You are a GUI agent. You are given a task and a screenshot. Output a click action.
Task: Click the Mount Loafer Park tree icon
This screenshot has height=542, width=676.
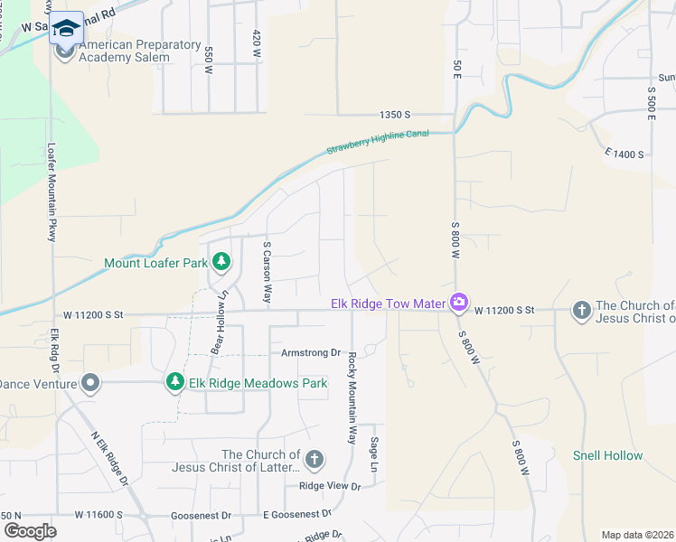click(x=221, y=263)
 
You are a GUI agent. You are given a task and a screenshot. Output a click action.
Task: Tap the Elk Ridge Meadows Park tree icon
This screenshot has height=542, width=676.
click(x=175, y=383)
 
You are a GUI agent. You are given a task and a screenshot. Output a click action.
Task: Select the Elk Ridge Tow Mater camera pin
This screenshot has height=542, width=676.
click(x=459, y=302)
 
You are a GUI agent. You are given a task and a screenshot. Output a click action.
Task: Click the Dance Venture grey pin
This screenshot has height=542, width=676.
click(x=89, y=383)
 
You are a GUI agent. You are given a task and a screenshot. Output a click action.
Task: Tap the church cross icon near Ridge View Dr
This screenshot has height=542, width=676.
click(x=314, y=461)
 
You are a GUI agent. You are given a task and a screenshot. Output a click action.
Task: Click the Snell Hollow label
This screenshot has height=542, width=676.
click(x=607, y=456)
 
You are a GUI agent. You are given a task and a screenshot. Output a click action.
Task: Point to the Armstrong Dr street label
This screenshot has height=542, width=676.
click(x=310, y=353)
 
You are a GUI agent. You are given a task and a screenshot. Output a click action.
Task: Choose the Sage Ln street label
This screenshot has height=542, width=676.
click(x=373, y=455)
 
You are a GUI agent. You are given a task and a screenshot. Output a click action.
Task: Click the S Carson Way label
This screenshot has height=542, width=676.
click(x=268, y=271)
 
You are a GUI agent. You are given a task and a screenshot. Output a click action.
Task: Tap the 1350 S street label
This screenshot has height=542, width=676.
click(x=395, y=115)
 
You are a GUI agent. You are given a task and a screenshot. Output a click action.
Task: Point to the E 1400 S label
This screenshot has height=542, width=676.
click(x=624, y=154)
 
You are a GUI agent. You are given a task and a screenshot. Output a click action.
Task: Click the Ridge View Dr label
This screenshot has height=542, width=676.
click(x=330, y=486)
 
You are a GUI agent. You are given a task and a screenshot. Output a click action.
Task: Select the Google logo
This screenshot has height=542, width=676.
click(x=30, y=530)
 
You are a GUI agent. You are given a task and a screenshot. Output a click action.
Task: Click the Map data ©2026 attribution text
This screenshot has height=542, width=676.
click(x=637, y=535)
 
